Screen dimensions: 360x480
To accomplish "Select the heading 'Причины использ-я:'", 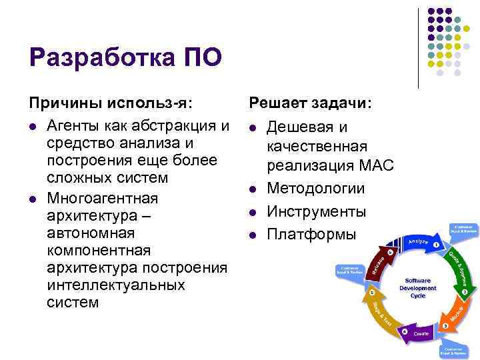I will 111,103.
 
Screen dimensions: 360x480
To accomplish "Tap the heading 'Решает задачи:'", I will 311,103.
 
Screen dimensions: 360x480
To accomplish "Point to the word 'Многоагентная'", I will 103,199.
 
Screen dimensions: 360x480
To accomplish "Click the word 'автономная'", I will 91,233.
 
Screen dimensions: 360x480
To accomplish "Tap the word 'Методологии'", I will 315,189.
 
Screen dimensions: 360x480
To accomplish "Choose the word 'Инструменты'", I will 316,211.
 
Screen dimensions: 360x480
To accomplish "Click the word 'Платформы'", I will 311,234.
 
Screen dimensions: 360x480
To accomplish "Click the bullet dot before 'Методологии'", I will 253,189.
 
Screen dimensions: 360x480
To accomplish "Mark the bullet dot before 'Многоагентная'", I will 33,199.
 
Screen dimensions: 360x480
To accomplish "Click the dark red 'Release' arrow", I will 378,262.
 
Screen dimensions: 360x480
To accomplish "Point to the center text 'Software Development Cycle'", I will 417,288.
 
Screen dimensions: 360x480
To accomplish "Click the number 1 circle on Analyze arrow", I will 435,245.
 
